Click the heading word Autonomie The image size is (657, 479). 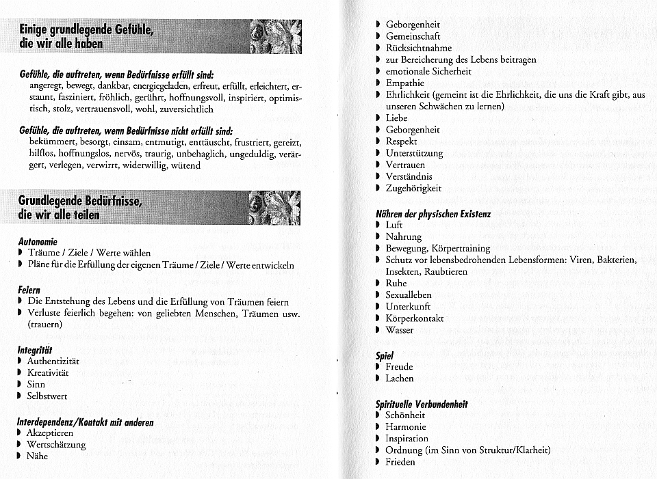[x=38, y=241]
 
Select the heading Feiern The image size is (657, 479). [x=29, y=290]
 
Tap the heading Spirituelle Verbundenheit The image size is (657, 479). [x=422, y=404]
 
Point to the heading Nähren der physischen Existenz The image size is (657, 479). [x=433, y=213]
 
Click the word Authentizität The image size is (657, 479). [x=53, y=361]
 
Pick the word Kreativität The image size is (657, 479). [x=48, y=372]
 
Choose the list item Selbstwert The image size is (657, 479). [x=47, y=396]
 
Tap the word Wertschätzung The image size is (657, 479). [x=56, y=445]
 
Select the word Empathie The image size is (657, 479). [x=405, y=83]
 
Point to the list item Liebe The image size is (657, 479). [x=396, y=118]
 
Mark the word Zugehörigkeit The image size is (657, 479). [x=413, y=189]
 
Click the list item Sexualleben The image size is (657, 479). [x=409, y=295]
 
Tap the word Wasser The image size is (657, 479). [x=400, y=330]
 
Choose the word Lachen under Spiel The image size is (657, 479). [x=400, y=379]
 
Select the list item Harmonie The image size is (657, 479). [x=406, y=427]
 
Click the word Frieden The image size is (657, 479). [x=400, y=462]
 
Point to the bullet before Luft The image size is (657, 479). [x=378, y=225]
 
